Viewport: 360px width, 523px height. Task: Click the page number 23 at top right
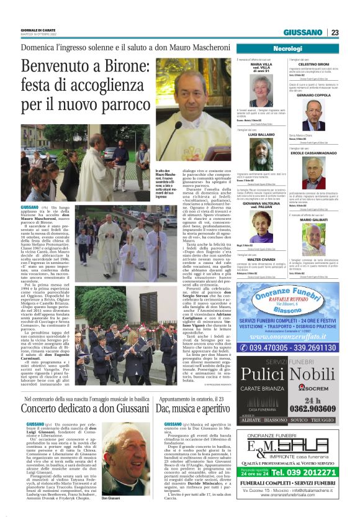coord(335,33)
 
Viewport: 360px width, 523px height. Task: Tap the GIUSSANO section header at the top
coord(304,33)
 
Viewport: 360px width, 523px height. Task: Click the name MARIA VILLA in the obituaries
coord(261,64)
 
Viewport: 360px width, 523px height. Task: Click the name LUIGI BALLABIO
coord(261,134)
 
